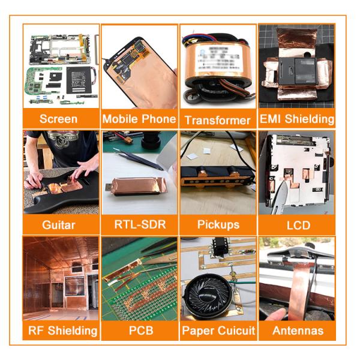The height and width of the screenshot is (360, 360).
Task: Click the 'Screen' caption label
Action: point(58,119)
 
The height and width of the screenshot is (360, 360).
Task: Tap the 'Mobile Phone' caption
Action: point(139,119)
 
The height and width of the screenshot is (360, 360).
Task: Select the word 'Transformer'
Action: point(218,121)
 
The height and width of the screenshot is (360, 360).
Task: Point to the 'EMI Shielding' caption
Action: point(296,119)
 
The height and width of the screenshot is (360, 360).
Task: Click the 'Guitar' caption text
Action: point(59,225)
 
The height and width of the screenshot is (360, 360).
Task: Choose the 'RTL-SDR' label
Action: point(140,224)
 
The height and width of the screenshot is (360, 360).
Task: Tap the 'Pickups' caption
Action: point(218,224)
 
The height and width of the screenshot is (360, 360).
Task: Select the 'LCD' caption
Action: point(298,225)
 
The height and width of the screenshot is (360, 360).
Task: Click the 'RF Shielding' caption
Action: point(62,331)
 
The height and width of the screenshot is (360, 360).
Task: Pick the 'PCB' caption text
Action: point(141,331)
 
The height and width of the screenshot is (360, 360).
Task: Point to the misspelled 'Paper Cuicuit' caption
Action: point(218,331)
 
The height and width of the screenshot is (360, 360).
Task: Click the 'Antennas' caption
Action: point(298,331)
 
